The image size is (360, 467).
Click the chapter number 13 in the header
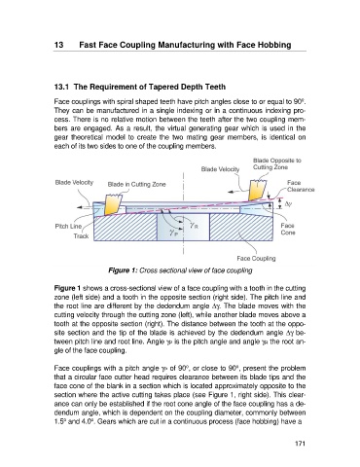tap(58, 45)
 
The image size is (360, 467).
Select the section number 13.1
tap(61, 87)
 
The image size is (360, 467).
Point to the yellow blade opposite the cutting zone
tap(257, 191)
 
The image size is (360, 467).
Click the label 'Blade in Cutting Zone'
tap(136, 185)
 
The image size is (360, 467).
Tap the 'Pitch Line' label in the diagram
tap(68, 226)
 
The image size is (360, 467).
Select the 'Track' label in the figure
tap(81, 236)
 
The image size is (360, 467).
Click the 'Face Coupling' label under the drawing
tap(256, 259)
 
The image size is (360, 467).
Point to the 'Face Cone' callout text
tap(288, 229)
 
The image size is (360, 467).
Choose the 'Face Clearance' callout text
tap(301, 186)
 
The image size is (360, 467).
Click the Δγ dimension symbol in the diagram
tap(288, 204)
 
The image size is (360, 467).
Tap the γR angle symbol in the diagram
tap(194, 225)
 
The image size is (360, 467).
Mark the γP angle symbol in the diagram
tap(173, 232)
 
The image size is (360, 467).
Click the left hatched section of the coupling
tap(126, 227)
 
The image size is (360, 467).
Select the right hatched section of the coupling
tap(240, 227)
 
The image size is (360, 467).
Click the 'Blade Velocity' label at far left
tap(74, 182)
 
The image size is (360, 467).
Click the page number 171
tap(300, 444)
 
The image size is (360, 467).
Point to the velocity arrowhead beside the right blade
tap(231, 192)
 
